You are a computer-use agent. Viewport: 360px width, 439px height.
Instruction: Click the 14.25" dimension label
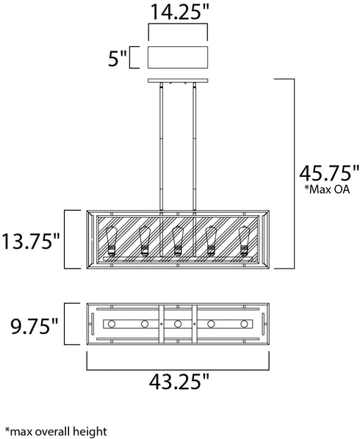[180, 12]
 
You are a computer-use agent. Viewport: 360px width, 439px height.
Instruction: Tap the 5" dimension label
[118, 58]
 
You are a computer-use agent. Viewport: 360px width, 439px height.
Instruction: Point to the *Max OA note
[327, 189]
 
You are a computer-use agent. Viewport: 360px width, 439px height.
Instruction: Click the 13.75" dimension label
[31, 241]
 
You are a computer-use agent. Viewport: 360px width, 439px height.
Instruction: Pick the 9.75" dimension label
[35, 326]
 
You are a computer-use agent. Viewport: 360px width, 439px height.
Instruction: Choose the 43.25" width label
[179, 381]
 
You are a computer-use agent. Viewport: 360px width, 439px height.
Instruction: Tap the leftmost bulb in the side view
[111, 242]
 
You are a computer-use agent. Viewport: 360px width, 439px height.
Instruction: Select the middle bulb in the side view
[178, 242]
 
